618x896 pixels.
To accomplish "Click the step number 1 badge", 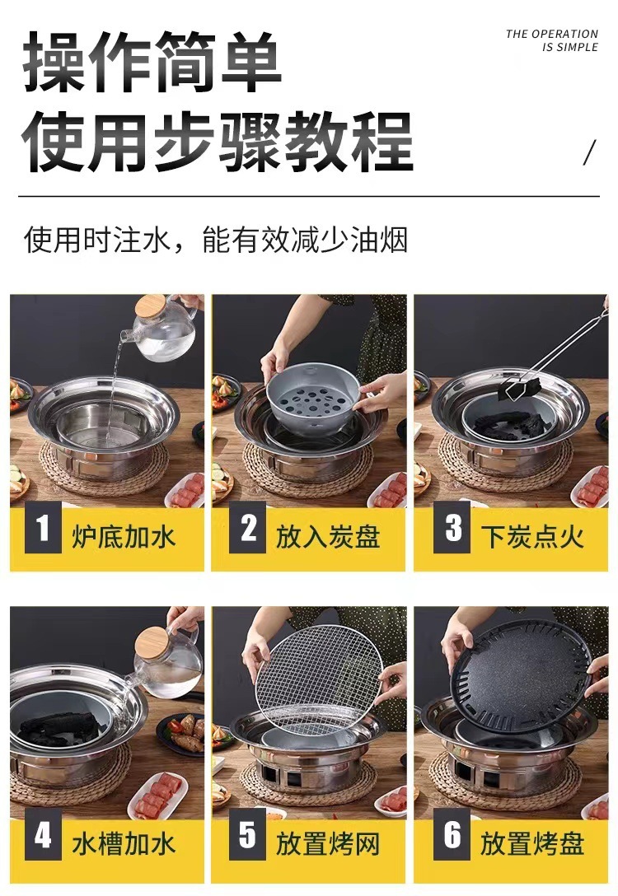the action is pyautogui.click(x=43, y=527).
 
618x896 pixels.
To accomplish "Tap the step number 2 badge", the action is pyautogui.click(x=247, y=527).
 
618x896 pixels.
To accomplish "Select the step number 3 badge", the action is pyautogui.click(x=452, y=527).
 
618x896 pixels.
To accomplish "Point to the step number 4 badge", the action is pyautogui.click(x=43, y=835).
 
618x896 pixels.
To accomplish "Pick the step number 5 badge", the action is pyautogui.click(x=247, y=835).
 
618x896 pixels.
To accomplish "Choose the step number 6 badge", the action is pyautogui.click(x=452, y=835).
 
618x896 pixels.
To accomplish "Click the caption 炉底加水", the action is pyautogui.click(x=124, y=537).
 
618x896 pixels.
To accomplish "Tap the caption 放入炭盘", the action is pyautogui.click(x=328, y=537).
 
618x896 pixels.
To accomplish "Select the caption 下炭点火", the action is pyautogui.click(x=532, y=537).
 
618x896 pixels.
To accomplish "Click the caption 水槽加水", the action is pyautogui.click(x=124, y=844).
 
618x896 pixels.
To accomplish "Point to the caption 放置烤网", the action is pyautogui.click(x=328, y=844).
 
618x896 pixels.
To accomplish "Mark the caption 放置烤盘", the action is pyautogui.click(x=532, y=844).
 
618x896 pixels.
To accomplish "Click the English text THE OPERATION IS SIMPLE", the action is pyautogui.click(x=552, y=40).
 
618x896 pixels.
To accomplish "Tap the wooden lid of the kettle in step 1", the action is pyautogui.click(x=150, y=306).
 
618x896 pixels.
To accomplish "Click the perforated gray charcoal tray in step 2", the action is pyautogui.click(x=313, y=390).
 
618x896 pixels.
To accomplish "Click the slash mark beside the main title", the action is pyautogui.click(x=589, y=152).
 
